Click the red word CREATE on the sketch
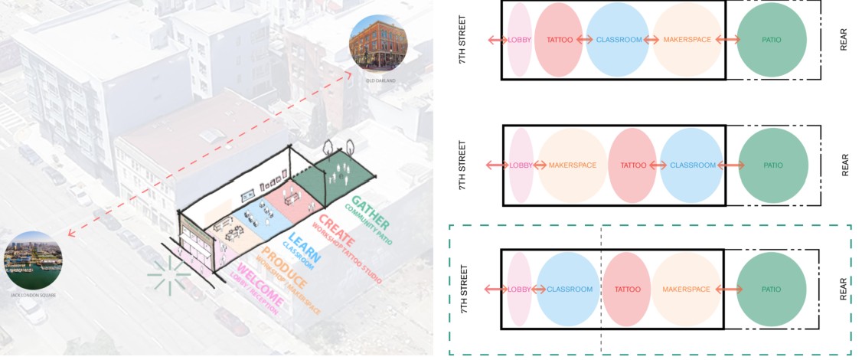[x=331, y=227]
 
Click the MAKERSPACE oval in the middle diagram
[x=573, y=165]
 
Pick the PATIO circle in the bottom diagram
[x=772, y=290]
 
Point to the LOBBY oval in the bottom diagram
[x=519, y=290]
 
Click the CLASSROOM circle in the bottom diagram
[x=568, y=290]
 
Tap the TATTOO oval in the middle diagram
[x=632, y=165]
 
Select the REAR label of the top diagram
[x=844, y=40]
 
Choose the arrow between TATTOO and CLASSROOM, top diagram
[x=586, y=40]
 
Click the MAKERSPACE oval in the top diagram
[x=687, y=40]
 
